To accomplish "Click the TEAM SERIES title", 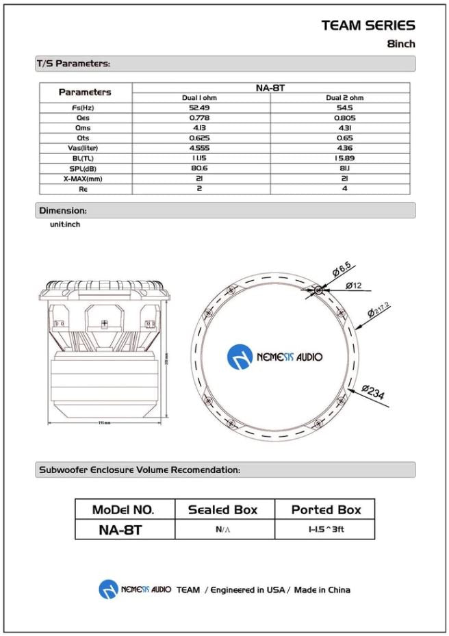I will coord(368,25).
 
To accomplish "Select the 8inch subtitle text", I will coord(400,44).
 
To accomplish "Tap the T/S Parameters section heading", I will coord(73,64).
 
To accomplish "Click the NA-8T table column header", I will coord(270,88).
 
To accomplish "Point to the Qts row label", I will coord(84,138).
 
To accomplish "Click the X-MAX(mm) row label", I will coord(84,179).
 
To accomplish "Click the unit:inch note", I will coord(64,224).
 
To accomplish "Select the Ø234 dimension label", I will coord(374,393).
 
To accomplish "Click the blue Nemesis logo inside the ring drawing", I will coord(240,357).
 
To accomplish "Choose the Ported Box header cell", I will coord(326,509).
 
